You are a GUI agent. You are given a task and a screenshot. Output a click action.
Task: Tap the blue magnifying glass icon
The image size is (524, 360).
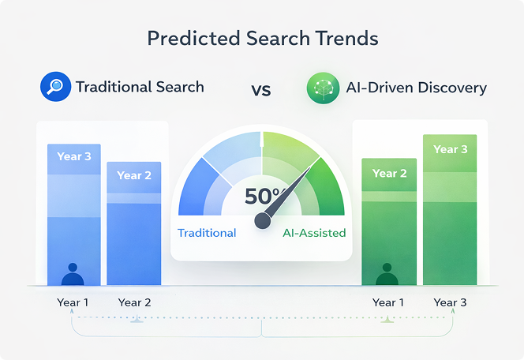coord(55,87)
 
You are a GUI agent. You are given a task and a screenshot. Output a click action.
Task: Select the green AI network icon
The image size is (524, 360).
coord(323,88)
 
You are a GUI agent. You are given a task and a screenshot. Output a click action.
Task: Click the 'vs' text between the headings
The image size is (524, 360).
coord(261,89)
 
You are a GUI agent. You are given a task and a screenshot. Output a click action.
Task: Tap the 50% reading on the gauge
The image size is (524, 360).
coord(261,197)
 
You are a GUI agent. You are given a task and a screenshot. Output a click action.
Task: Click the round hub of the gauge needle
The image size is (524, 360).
coord(262,223)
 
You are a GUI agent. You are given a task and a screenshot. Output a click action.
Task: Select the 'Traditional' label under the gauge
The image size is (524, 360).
coord(207,233)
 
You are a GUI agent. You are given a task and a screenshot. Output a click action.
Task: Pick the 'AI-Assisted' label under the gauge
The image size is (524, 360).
coord(314,233)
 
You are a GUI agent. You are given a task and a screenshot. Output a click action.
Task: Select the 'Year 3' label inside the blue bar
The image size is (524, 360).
coord(74,156)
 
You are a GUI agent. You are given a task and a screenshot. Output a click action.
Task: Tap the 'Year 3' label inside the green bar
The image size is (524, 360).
coord(451,149)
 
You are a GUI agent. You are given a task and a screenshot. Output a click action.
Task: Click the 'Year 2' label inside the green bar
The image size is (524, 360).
coord(389,173)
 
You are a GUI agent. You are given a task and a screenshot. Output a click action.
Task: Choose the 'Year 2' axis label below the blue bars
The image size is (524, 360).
coord(134,302)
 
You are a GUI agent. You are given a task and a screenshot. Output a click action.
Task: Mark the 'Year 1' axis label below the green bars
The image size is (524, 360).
coord(389,302)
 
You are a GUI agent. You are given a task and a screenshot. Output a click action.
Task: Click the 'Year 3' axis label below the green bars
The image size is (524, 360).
coord(451,302)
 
